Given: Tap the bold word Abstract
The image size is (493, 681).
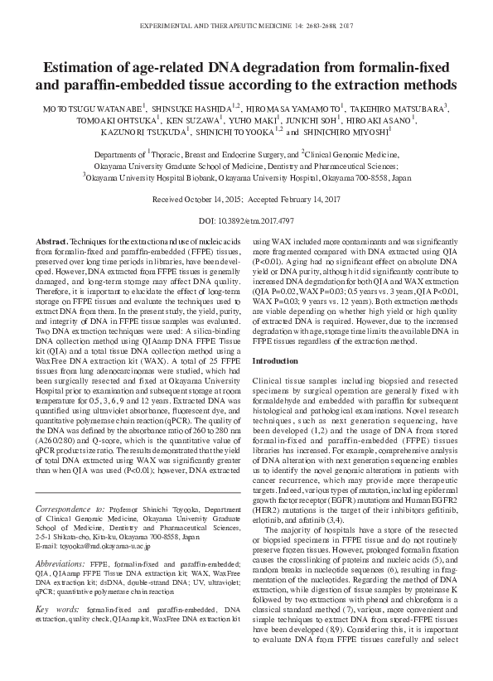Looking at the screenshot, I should [x=51, y=240].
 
